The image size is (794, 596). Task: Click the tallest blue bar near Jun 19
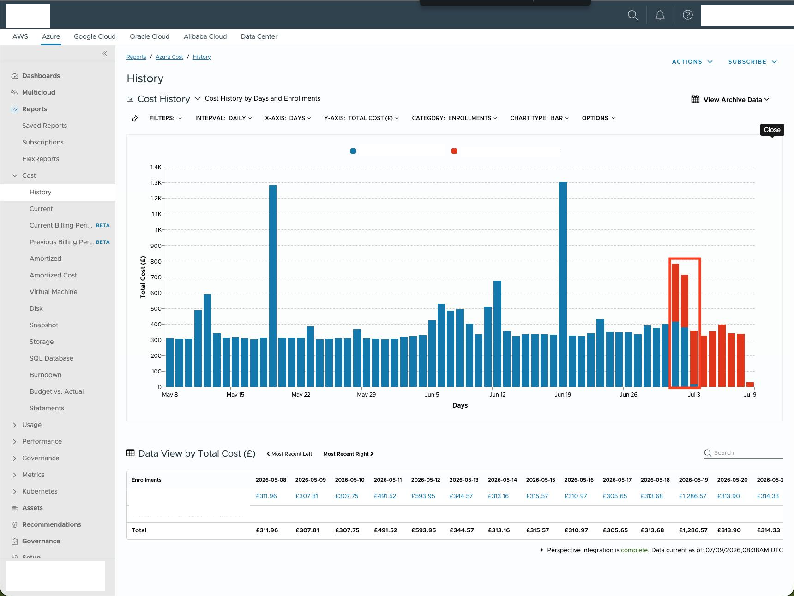[x=563, y=284]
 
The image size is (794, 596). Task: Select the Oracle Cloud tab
[x=150, y=36]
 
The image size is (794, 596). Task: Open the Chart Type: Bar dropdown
[x=539, y=118]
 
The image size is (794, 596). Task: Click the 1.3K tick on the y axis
[x=156, y=183]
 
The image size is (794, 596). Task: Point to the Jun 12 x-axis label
[x=497, y=395]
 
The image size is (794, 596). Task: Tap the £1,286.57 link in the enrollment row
[x=692, y=496]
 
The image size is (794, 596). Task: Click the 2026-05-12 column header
[x=426, y=480]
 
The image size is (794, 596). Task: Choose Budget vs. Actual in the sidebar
[x=56, y=391]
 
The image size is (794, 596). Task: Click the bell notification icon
[x=660, y=15]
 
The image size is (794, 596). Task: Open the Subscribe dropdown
[x=752, y=62]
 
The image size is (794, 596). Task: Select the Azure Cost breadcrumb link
[x=169, y=57]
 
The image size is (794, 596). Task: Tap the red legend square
[x=454, y=151]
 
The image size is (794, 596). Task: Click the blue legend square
[x=353, y=151]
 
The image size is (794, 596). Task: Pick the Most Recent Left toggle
[x=289, y=454]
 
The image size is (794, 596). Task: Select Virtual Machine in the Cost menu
[x=54, y=292]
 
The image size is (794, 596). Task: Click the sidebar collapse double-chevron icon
[x=104, y=54]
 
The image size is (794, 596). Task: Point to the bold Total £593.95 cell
[x=423, y=530]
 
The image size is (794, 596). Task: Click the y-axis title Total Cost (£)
[x=143, y=277]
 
